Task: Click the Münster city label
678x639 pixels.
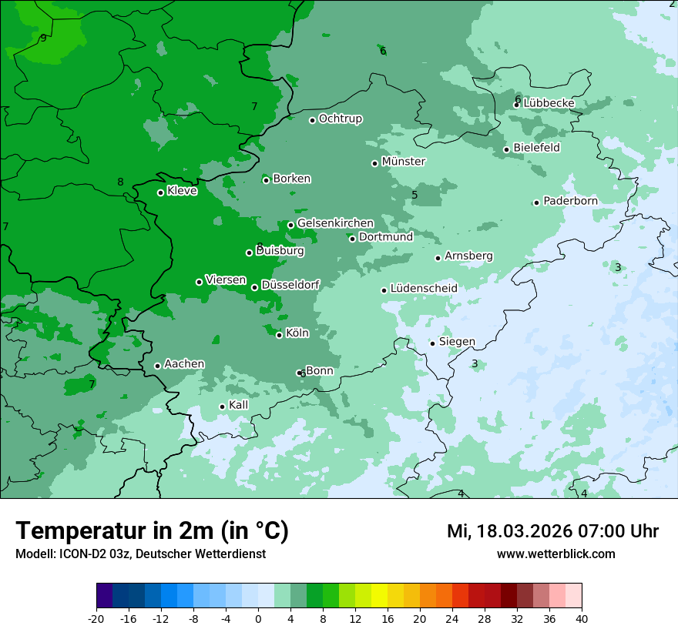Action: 403,162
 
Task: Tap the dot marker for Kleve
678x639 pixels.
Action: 160,192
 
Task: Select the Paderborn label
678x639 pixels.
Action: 570,201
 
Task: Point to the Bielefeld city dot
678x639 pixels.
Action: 506,149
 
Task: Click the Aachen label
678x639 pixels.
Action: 184,364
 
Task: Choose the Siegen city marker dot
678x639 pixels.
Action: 432,343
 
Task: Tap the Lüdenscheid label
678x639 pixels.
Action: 424,289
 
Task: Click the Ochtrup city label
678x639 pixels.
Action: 340,119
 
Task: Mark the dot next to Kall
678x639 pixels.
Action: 222,406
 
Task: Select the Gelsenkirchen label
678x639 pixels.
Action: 335,223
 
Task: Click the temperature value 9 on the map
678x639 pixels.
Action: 43,38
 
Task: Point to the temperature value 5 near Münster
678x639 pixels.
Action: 415,195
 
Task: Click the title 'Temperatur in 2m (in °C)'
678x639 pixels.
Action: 152,531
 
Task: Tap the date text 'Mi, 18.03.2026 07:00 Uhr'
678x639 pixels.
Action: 552,531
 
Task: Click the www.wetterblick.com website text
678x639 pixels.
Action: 555,554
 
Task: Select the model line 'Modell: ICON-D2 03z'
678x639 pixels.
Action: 140,554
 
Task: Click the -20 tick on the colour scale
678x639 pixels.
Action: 96,619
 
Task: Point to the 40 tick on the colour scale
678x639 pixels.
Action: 581,619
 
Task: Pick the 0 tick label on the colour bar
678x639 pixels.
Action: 258,619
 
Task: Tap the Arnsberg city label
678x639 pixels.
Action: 468,256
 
